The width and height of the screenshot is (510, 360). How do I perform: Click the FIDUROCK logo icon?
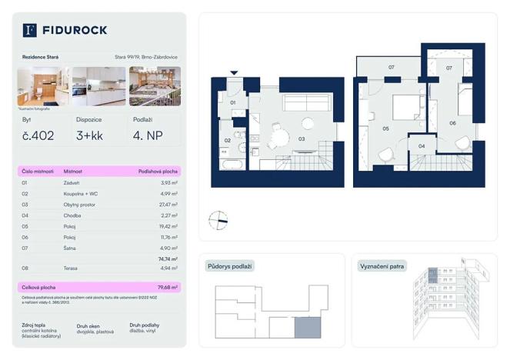[30, 30]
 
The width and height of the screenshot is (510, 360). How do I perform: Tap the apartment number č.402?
[38, 136]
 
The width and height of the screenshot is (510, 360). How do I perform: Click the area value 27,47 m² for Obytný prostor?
[168, 205]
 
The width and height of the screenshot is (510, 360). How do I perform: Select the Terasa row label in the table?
[72, 268]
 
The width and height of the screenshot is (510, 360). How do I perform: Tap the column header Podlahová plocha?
[158, 172]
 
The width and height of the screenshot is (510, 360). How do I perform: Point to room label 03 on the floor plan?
[302, 139]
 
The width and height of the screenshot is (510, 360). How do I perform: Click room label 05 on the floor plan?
[385, 129]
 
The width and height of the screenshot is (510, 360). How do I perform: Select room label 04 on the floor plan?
[421, 145]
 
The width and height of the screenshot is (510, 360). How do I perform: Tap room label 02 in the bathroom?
[228, 141]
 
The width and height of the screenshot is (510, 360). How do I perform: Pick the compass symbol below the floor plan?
[218, 220]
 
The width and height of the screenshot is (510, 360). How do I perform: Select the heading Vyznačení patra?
[382, 266]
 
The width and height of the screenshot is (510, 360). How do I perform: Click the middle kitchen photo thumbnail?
[98, 86]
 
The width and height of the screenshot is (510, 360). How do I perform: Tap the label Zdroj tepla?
[35, 325]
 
